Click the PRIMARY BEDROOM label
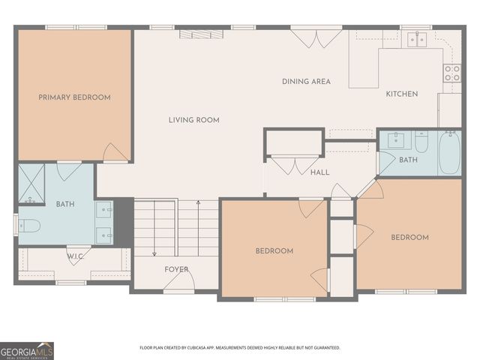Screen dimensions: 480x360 [74, 97]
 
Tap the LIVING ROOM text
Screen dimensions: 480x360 [194, 120]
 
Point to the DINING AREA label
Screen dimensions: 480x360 [306, 82]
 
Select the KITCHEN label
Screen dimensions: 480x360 [402, 94]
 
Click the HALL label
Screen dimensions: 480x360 [320, 172]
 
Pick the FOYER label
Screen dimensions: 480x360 [176, 269]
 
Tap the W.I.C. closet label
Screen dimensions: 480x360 [75, 256]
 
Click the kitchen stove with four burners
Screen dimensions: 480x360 [452, 73]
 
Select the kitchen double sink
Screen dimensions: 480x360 [417, 40]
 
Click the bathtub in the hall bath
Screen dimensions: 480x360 [449, 153]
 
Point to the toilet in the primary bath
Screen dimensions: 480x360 [29, 226]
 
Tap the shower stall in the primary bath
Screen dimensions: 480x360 [31, 183]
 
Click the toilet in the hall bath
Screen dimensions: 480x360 [421, 142]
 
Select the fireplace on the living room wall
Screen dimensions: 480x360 [201, 34]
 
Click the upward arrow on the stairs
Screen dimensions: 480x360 [198, 228]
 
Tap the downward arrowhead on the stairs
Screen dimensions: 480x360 [154, 253]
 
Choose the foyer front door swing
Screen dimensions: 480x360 [179, 280]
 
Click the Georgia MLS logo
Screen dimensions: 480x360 [27, 351]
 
